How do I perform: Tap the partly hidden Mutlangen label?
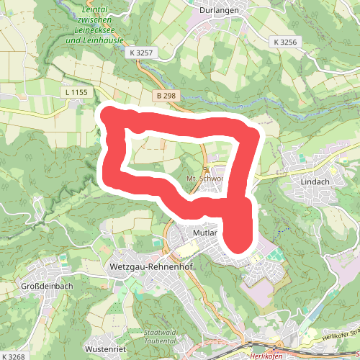[206, 234]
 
